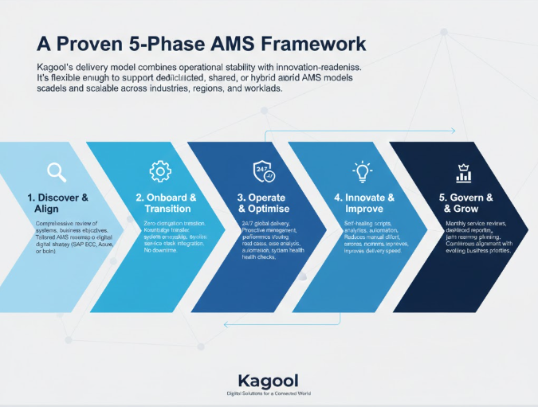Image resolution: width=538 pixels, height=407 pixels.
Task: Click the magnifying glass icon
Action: click(x=57, y=171)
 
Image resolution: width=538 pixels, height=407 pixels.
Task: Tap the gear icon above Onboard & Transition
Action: click(x=159, y=171)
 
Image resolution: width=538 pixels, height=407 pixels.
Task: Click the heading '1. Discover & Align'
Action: click(x=57, y=202)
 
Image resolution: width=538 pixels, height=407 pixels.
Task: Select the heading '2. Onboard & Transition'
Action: click(x=166, y=202)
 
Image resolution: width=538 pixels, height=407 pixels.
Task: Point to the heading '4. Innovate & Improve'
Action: click(x=364, y=202)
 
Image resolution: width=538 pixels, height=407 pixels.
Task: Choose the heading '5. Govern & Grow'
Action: click(x=466, y=202)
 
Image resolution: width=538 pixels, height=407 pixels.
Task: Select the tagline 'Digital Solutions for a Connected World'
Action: click(x=268, y=394)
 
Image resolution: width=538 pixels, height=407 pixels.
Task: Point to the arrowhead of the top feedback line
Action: click(x=453, y=130)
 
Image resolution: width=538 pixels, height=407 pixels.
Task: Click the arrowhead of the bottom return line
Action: click(x=227, y=323)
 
